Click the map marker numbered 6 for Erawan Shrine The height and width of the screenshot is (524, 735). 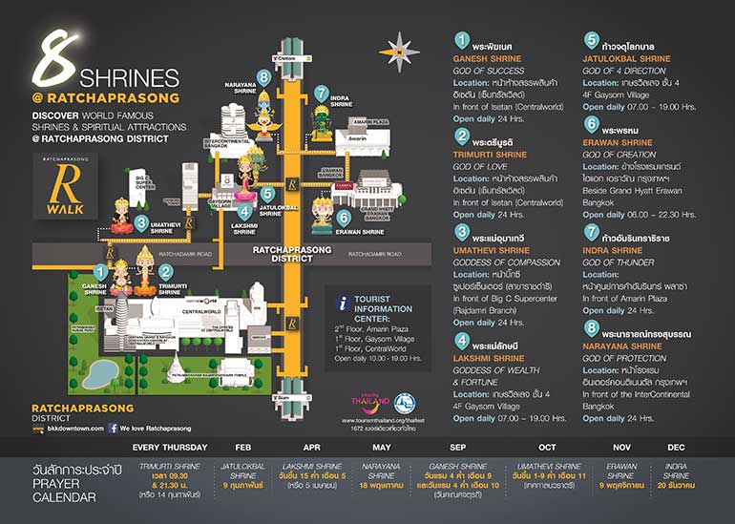(343, 217)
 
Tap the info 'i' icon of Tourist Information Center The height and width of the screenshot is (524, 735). (342, 304)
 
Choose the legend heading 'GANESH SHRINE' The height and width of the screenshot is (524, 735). (487, 59)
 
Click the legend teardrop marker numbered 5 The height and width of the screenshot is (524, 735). (592, 42)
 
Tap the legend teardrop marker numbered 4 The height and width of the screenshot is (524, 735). (462, 340)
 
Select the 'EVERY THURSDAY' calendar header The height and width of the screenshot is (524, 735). (170, 447)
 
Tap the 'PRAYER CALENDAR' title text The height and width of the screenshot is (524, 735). (66, 490)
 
